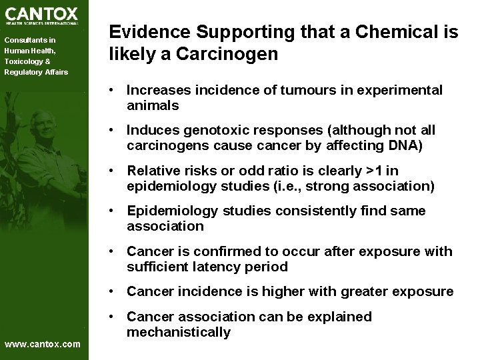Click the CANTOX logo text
[41, 13]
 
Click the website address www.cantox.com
[42, 344]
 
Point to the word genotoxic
[214, 130]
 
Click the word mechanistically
[179, 332]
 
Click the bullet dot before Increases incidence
[116, 89]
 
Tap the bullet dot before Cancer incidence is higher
[116, 292]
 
